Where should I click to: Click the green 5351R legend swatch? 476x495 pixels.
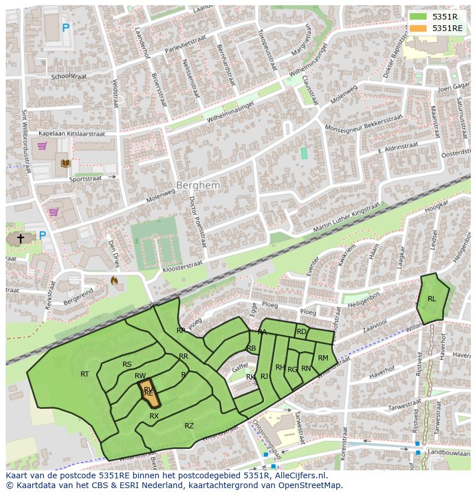pyautogui.click(x=418, y=17)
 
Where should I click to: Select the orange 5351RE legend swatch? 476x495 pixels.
pyautogui.click(x=418, y=28)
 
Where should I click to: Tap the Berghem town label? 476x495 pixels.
pyautogui.click(x=198, y=186)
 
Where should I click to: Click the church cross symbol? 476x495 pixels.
pyautogui.click(x=21, y=238)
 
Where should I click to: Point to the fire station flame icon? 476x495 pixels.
pyautogui.click(x=114, y=281)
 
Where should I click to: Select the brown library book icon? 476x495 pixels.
pyautogui.click(x=65, y=164)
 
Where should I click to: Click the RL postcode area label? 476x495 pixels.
pyautogui.click(x=432, y=298)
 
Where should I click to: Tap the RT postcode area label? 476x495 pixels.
pyautogui.click(x=85, y=374)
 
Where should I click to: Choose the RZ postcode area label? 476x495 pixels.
pyautogui.click(x=189, y=425)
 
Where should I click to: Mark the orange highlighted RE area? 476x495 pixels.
pyautogui.click(x=148, y=393)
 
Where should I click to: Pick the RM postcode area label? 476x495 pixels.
pyautogui.click(x=323, y=358)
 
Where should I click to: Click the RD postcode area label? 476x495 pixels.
pyautogui.click(x=301, y=332)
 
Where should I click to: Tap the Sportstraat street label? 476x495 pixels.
pyautogui.click(x=85, y=179)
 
